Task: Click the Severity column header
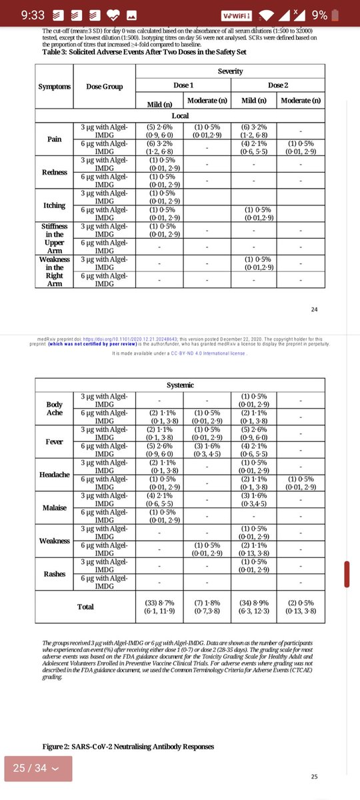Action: click(x=230, y=70)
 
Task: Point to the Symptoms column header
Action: click(x=54, y=87)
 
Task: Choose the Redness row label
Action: click(x=54, y=172)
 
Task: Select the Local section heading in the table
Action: click(x=180, y=116)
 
